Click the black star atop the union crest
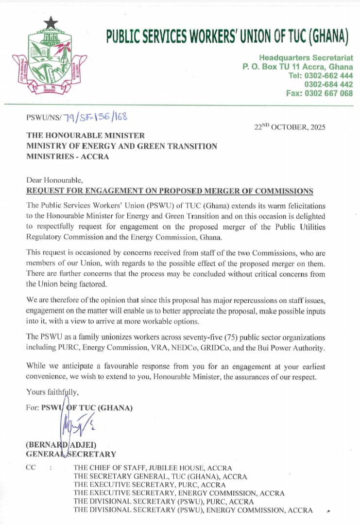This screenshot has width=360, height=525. point(51,23)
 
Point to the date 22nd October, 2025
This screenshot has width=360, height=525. point(290,127)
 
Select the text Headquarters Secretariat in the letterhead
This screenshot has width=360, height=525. point(306,58)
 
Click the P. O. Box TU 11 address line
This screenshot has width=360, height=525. point(298,67)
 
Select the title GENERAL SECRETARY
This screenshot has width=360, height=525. point(71,454)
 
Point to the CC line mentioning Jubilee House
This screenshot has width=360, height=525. point(153,468)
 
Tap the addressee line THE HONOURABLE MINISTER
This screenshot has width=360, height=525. point(85,136)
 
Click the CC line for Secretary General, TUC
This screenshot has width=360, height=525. point(160,476)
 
